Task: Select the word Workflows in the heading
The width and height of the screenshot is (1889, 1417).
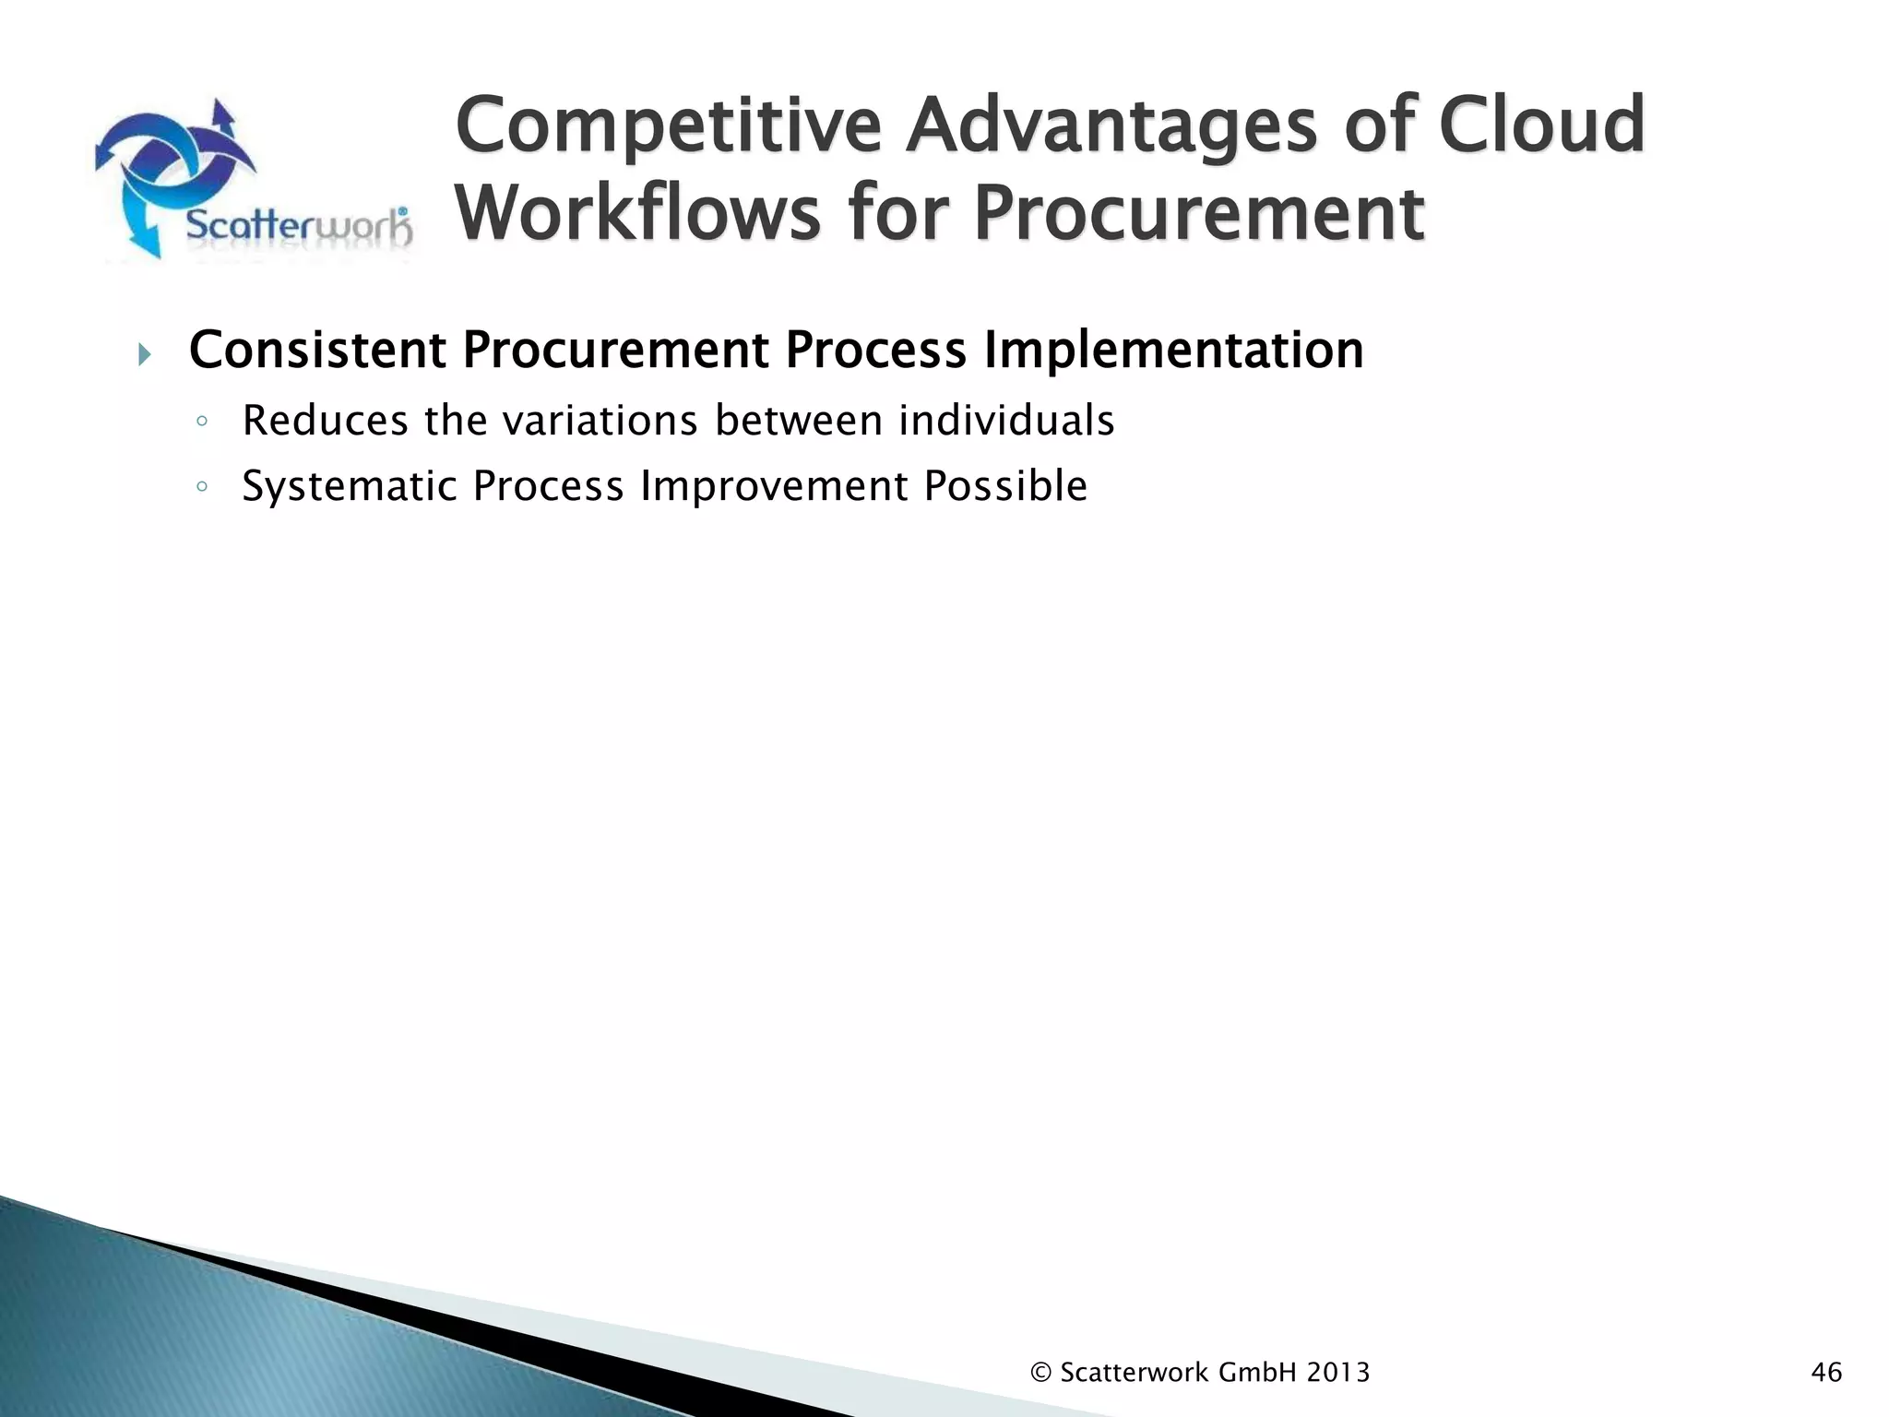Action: [x=637, y=214]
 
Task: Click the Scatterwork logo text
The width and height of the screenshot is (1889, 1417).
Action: [x=298, y=226]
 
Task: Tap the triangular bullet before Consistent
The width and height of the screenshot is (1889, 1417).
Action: [x=143, y=353]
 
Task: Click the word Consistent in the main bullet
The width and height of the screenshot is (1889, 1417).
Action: [x=317, y=351]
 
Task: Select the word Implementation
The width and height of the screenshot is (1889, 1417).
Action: [x=1173, y=351]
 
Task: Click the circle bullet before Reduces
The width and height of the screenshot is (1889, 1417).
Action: [x=202, y=423]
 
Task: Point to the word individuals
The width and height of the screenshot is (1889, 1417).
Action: [x=1006, y=421]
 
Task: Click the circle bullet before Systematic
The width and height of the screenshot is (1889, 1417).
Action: [x=202, y=487]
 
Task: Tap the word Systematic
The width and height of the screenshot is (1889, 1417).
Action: [x=350, y=486]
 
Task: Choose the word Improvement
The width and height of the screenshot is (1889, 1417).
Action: [x=774, y=486]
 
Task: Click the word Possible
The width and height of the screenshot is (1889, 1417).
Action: [x=1005, y=486]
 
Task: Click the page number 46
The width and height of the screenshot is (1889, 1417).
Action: [x=1826, y=1373]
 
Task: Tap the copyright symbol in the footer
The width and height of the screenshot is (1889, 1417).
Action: [x=1040, y=1373]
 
